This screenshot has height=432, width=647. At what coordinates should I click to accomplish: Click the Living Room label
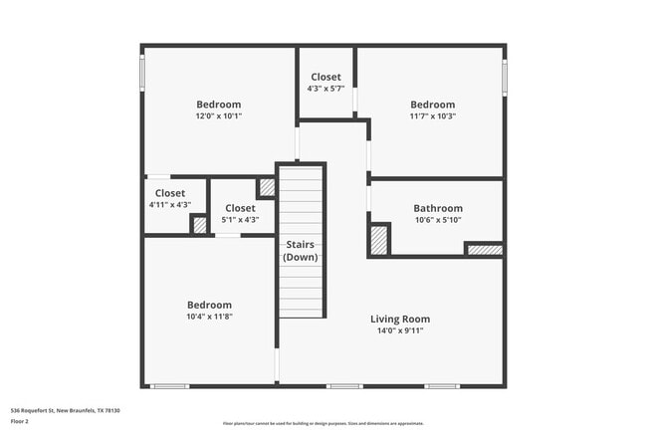pos(400,319)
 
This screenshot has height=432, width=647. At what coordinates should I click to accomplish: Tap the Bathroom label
pos(437,208)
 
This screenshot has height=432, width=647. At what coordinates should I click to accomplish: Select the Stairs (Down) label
pos(300,250)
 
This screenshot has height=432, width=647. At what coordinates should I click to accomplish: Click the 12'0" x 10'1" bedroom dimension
pos(218,116)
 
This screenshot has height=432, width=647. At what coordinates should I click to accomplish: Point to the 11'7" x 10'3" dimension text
pos(433,116)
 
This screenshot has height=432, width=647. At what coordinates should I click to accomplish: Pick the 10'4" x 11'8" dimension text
pos(210,317)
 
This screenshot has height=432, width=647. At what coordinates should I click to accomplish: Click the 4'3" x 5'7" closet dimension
pos(325,89)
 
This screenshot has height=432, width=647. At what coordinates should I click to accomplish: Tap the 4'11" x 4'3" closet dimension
pos(169,205)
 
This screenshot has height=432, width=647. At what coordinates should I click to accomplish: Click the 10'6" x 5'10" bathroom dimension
pos(437,220)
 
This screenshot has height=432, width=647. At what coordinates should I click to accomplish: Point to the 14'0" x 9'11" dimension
pos(400,330)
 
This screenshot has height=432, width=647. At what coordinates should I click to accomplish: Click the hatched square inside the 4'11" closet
pos(199,225)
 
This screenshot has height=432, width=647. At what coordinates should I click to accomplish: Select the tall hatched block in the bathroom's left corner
pos(379,239)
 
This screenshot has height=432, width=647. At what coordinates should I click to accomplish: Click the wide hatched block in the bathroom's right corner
pos(484,249)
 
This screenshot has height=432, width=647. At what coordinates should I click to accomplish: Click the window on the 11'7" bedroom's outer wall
pos(505,76)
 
